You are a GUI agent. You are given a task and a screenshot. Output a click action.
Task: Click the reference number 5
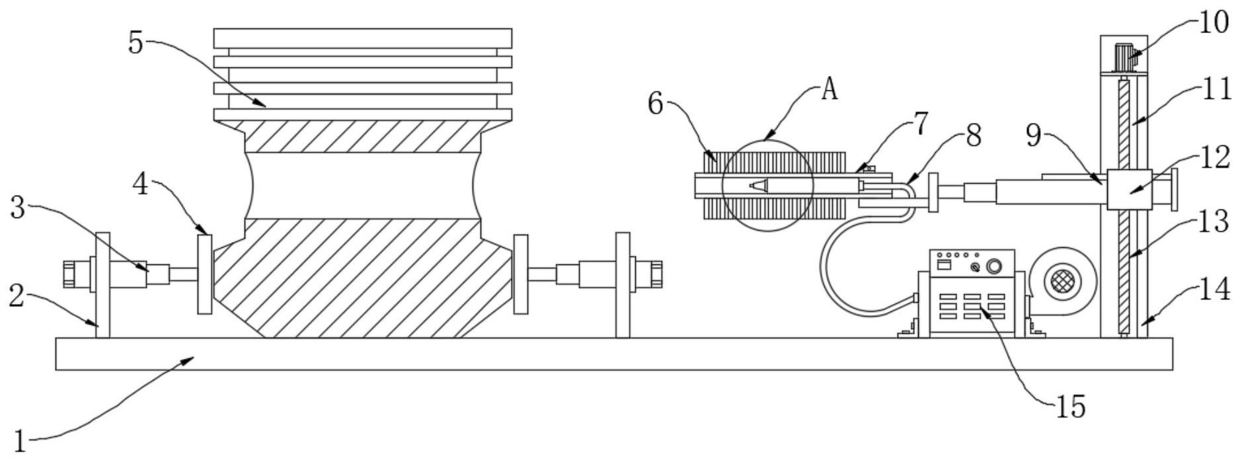click(136, 43)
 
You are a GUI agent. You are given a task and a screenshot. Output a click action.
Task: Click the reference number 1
click(20, 441)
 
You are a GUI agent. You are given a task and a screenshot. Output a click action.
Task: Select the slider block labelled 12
click(1128, 190)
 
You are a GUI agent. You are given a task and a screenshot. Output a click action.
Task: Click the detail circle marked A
click(767, 186)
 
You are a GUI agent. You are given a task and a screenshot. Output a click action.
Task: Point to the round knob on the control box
click(993, 267)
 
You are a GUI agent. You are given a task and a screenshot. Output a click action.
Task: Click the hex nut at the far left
click(71, 274)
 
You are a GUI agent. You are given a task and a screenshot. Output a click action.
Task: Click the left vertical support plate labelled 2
click(102, 284)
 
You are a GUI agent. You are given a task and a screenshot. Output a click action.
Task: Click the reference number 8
click(972, 137)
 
